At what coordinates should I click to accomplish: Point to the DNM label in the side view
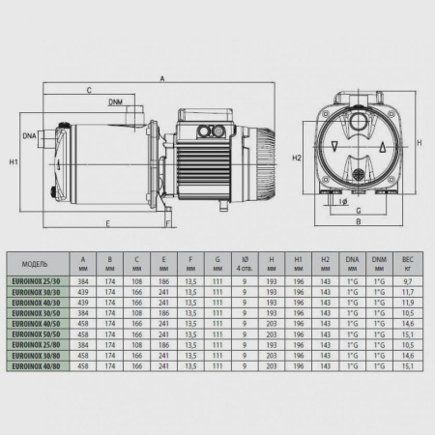coord(115,101)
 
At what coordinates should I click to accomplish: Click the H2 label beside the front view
coord(299,158)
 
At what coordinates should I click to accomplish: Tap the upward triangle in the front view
coord(385,148)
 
